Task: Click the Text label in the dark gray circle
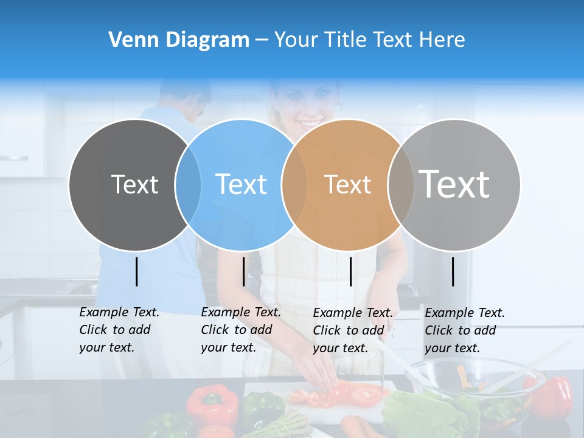(x=134, y=185)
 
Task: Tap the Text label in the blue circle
(x=241, y=185)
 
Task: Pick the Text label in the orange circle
(x=347, y=185)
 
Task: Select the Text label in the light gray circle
(x=454, y=184)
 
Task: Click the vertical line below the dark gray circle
(x=136, y=271)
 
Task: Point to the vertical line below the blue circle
(x=243, y=271)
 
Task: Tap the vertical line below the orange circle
(x=350, y=271)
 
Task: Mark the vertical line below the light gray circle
(x=453, y=271)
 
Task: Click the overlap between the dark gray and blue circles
(x=188, y=185)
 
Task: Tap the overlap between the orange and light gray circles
(x=401, y=185)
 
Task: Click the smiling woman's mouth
(x=310, y=123)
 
